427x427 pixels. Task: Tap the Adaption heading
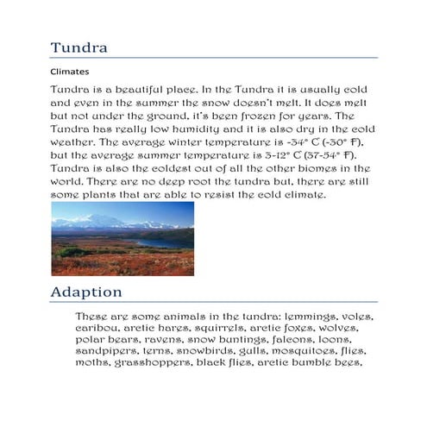point(85,292)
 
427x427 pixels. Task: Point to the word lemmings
point(304,317)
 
